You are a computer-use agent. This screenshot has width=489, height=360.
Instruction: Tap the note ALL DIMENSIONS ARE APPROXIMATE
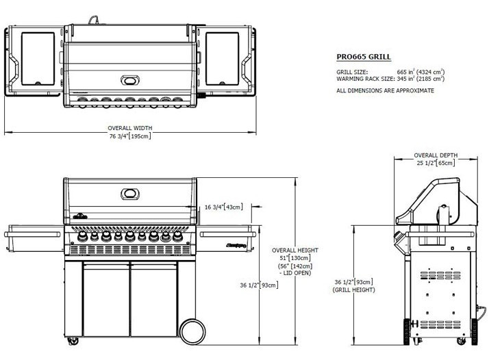pyautogui.click(x=384, y=90)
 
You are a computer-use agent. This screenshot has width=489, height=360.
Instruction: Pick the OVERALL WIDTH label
pyautogui.click(x=129, y=128)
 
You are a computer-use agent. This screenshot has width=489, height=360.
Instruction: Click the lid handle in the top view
pyautogui.click(x=129, y=80)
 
